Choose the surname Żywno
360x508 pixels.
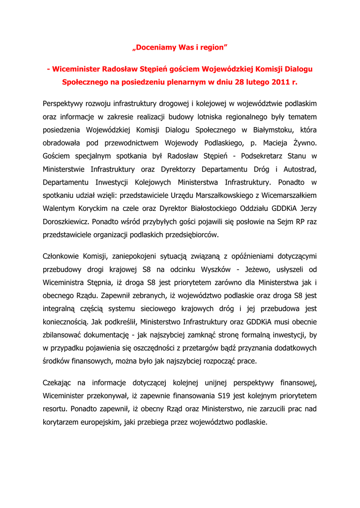pyautogui.click(x=304, y=143)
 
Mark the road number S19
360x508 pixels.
pyautogui.click(x=225, y=396)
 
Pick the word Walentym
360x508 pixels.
pyautogui.click(x=59, y=208)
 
